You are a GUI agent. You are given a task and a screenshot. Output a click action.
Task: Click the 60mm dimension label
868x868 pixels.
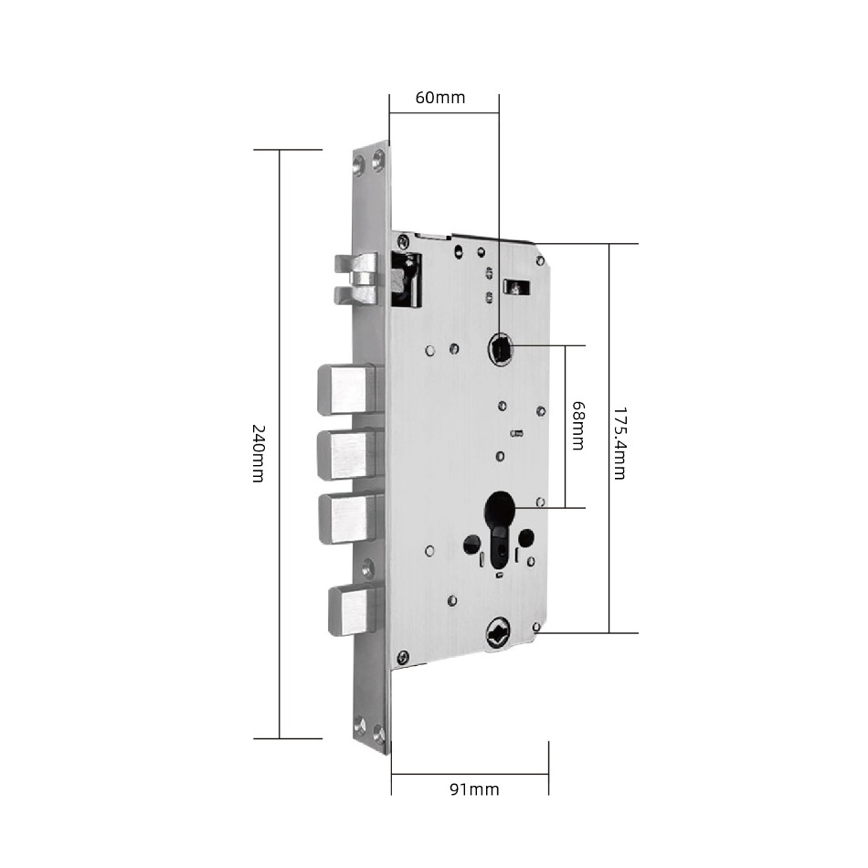click(440, 98)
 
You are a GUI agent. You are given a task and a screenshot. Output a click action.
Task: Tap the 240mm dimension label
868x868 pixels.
click(259, 453)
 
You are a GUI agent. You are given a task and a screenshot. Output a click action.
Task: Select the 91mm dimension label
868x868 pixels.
click(474, 789)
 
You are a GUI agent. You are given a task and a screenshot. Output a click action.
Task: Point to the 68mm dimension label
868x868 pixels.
click(577, 426)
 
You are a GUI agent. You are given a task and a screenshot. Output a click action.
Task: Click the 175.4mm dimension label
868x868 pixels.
click(619, 443)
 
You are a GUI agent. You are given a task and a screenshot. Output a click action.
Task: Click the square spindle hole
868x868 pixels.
click(501, 349)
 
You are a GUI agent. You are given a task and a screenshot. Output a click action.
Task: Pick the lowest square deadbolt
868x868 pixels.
click(354, 610)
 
